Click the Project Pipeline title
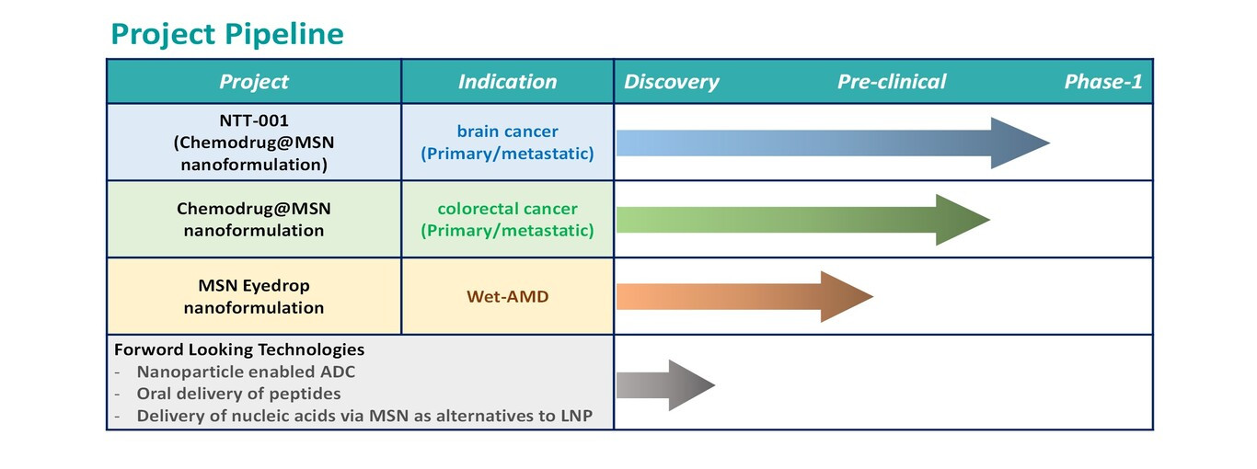point(227,34)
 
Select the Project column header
point(254,82)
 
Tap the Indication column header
point(507,82)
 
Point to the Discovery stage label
point(671,82)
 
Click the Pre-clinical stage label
point(892,82)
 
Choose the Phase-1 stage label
point(1103,82)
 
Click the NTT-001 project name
point(254,120)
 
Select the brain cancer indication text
point(507,132)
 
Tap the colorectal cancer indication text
point(507,209)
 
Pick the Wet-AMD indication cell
point(507,296)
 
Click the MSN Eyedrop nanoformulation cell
point(254,296)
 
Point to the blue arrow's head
point(1021,143)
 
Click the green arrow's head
point(963,220)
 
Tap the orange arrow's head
point(847,297)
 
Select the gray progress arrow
point(665,385)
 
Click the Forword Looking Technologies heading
point(239,349)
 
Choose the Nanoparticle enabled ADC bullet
point(246,372)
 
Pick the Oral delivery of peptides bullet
point(238,394)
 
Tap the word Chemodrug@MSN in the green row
point(254,209)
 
